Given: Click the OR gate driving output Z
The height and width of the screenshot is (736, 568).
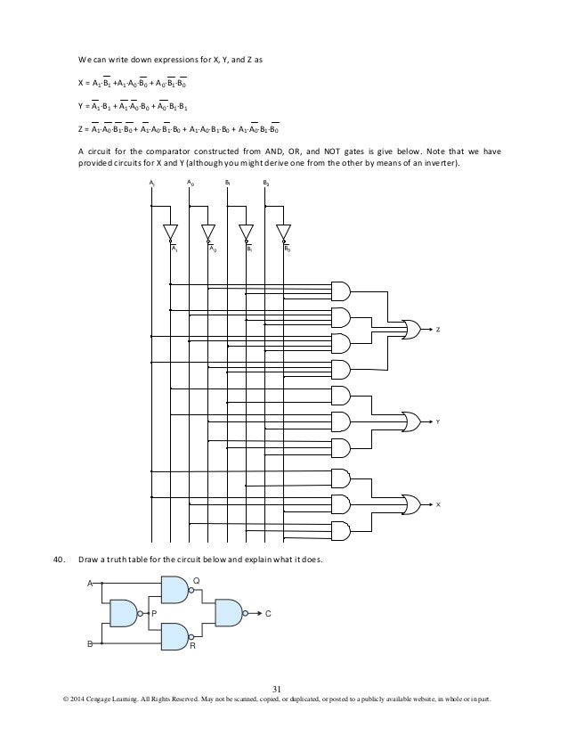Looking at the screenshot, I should (x=414, y=330).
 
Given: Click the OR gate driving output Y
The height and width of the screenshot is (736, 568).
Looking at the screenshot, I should (x=414, y=420).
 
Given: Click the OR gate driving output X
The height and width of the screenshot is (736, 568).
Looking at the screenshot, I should (x=414, y=503).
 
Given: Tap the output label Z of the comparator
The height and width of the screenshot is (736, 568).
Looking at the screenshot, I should (x=438, y=330).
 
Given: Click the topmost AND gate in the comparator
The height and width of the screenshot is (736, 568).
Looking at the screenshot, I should (x=340, y=289).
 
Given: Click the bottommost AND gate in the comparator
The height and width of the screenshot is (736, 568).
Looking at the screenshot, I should (x=340, y=531).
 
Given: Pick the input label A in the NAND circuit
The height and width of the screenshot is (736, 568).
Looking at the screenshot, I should (x=89, y=584).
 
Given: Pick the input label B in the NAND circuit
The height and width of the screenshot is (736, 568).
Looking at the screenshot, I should (x=89, y=642).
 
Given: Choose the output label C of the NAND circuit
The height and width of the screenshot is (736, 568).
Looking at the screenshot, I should (x=268, y=613).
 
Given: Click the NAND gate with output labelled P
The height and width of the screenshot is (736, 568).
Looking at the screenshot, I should (x=126, y=612).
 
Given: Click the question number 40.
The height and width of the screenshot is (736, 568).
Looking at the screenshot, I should (x=59, y=560).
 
